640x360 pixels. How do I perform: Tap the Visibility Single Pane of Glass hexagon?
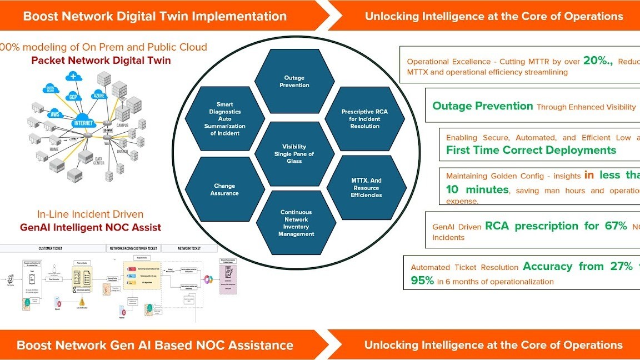[294, 154]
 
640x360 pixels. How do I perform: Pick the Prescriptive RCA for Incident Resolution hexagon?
[364, 119]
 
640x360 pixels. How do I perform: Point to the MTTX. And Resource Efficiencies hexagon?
[366, 188]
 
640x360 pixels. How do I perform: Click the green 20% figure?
[597, 62]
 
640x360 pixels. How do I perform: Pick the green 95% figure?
[422, 281]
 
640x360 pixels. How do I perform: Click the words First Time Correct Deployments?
[531, 150]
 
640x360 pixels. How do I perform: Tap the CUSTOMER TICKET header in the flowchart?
[53, 248]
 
